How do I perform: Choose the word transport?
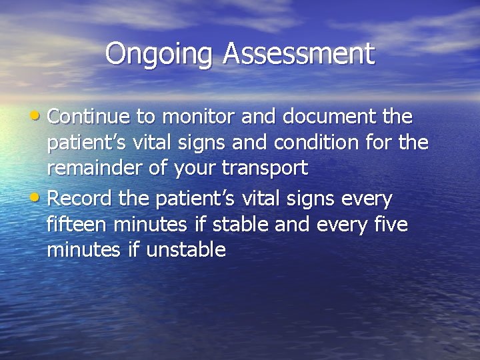265,169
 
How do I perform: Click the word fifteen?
75,225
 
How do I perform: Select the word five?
389,225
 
